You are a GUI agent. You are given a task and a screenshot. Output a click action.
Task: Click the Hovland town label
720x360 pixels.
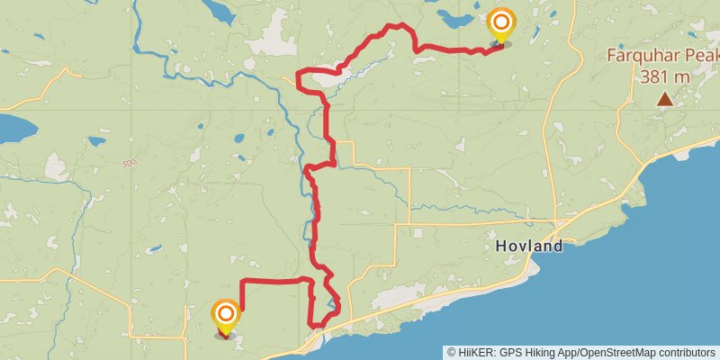click(528, 246)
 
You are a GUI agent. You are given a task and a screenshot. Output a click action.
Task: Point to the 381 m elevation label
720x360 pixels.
click(665, 76)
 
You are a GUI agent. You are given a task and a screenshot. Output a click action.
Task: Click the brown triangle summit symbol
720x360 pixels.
click(664, 99)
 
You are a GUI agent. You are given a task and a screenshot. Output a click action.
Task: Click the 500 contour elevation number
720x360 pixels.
click(130, 164)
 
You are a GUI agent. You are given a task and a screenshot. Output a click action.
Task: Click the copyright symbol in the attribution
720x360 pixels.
click(452, 352)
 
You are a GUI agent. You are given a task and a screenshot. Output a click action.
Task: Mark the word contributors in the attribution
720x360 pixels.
click(688, 352)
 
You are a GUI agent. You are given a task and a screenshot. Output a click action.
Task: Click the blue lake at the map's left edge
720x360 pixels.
click(13, 129)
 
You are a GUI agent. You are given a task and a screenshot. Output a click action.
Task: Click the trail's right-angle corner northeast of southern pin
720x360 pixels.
click(244, 283)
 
